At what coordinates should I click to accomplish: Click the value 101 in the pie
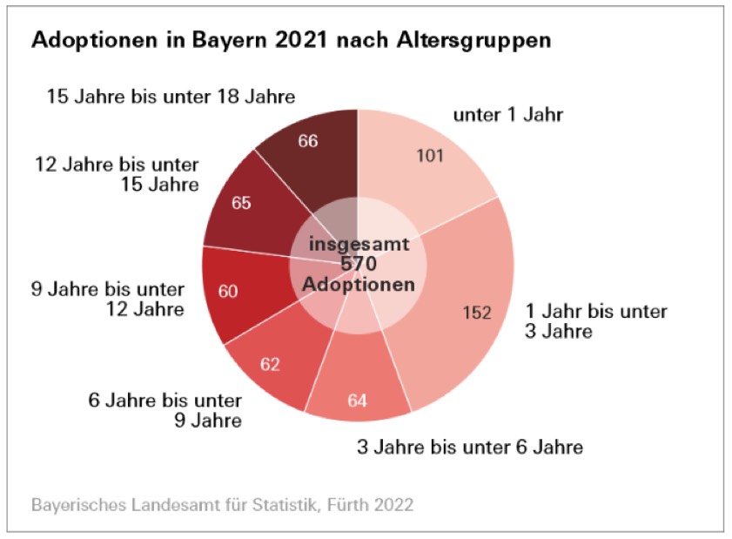click(430, 156)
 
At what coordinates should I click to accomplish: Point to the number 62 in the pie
click(270, 364)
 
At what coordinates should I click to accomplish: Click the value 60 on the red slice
click(228, 292)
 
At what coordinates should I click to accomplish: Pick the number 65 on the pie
click(242, 203)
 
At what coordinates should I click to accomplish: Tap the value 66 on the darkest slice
click(308, 141)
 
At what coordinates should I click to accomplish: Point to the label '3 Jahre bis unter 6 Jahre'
click(470, 448)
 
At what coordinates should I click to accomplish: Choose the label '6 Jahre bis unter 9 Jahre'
click(165, 411)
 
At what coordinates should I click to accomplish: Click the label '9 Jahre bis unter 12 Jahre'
click(108, 300)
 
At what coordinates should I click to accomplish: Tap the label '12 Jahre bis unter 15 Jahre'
click(117, 174)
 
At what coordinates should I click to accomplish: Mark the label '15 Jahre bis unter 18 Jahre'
click(171, 96)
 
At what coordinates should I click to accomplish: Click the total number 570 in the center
click(358, 265)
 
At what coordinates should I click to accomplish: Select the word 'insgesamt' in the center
click(358, 245)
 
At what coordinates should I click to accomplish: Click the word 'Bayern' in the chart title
click(206, 41)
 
